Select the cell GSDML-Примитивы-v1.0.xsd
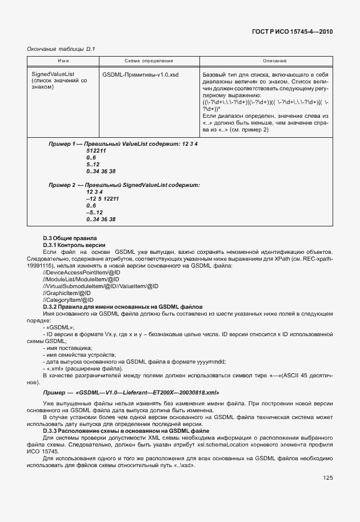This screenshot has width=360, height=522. [140, 74]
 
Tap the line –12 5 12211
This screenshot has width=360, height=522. [102, 198]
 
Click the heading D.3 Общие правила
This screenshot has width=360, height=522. [70, 237]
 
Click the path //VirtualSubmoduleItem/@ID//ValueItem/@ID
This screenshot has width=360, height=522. [101, 286]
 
